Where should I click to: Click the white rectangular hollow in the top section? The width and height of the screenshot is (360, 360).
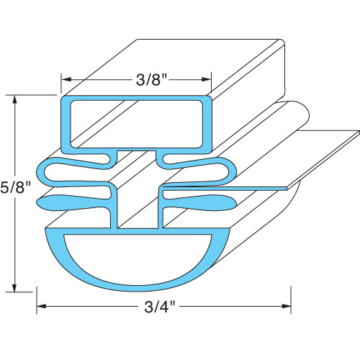click(x=137, y=122)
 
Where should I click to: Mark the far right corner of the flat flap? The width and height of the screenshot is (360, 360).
click(x=357, y=132)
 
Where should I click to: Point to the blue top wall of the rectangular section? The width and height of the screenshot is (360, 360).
click(x=137, y=99)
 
